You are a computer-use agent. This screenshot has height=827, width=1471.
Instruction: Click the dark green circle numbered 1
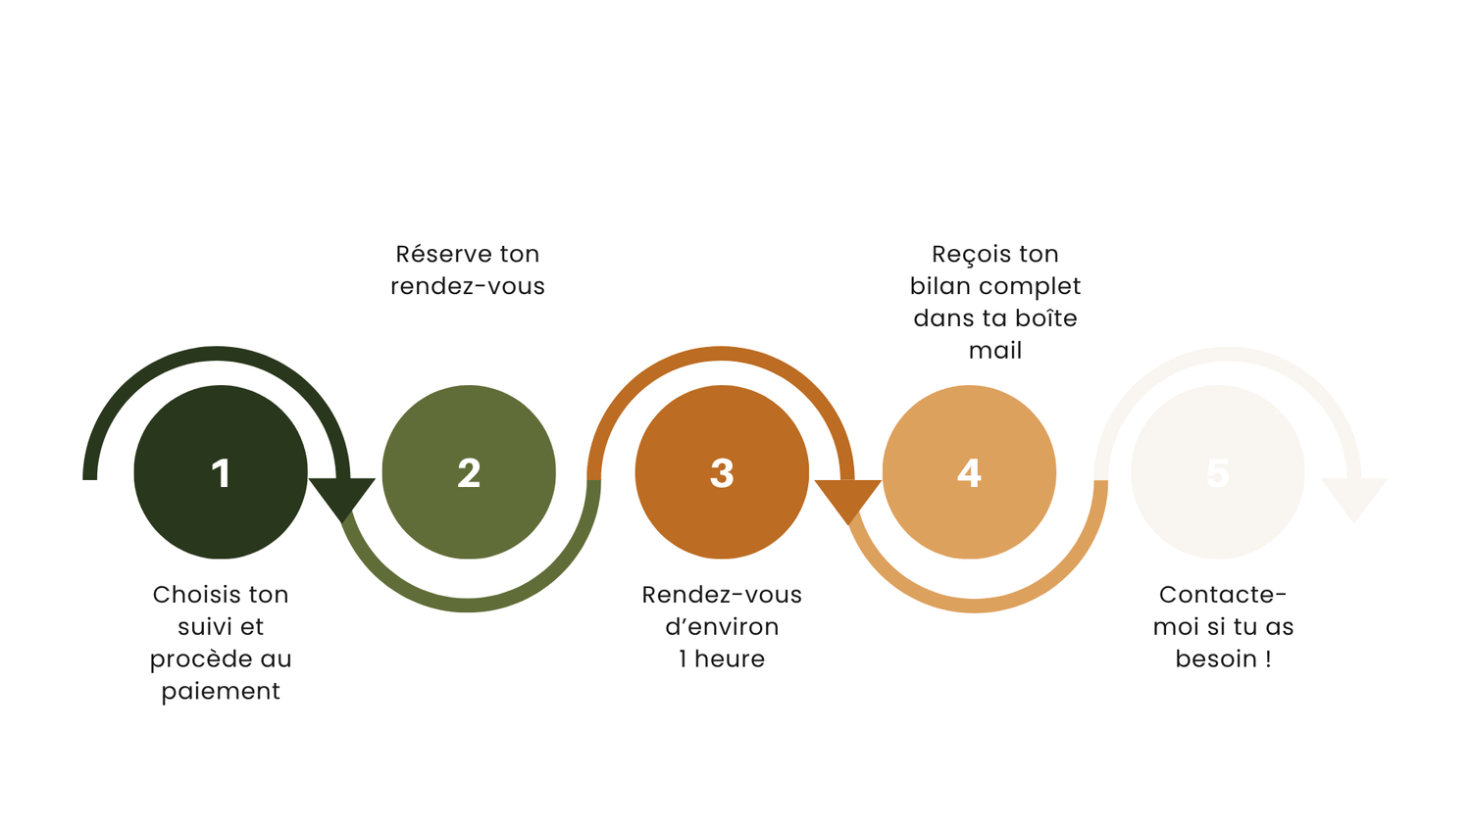pyautogui.click(x=221, y=472)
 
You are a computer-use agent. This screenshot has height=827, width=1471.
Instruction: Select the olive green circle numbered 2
pyautogui.click(x=469, y=472)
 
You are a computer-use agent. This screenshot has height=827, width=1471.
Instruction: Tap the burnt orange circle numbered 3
pyautogui.click(x=722, y=472)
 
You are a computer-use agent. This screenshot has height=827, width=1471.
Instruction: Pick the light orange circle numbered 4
pyautogui.click(x=969, y=472)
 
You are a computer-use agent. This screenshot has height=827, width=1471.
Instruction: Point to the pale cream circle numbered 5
pyautogui.click(x=1218, y=472)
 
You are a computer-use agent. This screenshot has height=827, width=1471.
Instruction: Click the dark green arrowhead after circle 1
pyautogui.click(x=342, y=497)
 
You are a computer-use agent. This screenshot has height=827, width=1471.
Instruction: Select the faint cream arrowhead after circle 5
pyautogui.click(x=1354, y=497)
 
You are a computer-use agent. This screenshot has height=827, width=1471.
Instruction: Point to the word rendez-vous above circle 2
pyautogui.click(x=468, y=286)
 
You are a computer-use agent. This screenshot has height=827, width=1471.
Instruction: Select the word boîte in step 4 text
pyautogui.click(x=1046, y=317)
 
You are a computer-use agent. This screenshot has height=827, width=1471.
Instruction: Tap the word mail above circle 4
pyautogui.click(x=995, y=350)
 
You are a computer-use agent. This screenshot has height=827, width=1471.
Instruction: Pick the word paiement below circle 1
pyautogui.click(x=221, y=692)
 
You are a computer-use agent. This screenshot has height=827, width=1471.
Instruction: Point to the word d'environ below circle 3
pyautogui.click(x=722, y=626)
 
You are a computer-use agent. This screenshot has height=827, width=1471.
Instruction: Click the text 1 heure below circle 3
pyautogui.click(x=722, y=658)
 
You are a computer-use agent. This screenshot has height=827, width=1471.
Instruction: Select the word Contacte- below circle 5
pyautogui.click(x=1223, y=594)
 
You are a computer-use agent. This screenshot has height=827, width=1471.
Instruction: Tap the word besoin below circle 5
pyautogui.click(x=1216, y=658)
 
